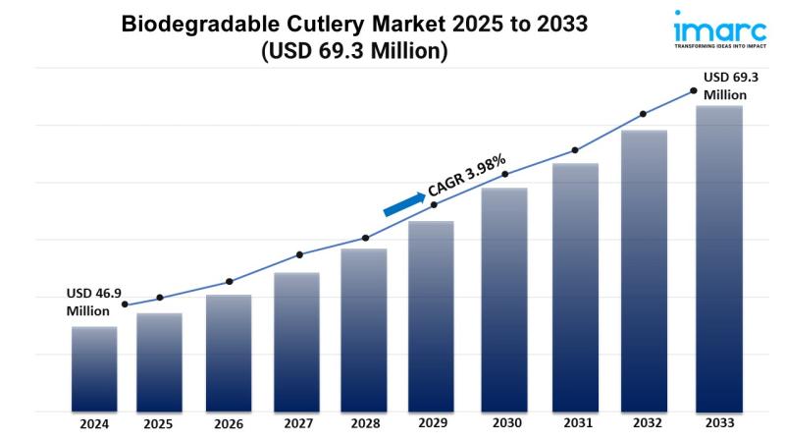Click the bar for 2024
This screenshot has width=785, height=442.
pyautogui.click(x=94, y=369)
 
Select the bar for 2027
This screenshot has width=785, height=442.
pyautogui.click(x=296, y=342)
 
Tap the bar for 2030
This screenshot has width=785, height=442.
pyautogui.click(x=504, y=301)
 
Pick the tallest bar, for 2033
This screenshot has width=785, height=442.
pyautogui.click(x=719, y=259)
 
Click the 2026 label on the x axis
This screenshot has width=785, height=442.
pyautogui.click(x=229, y=424)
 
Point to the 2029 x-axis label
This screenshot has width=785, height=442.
pyautogui.click(x=433, y=423)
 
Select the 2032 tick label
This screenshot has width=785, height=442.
pyautogui.click(x=648, y=423)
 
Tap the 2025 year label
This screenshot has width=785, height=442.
pyautogui.click(x=158, y=424)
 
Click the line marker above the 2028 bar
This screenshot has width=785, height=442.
pyautogui.click(x=365, y=238)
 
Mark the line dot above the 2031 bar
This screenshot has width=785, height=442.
pyautogui.click(x=575, y=150)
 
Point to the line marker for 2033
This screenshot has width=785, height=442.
pyautogui.click(x=694, y=90)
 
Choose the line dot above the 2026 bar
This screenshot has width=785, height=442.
pyautogui.click(x=230, y=282)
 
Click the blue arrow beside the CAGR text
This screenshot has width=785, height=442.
pyautogui.click(x=404, y=204)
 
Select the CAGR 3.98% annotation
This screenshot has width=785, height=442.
pyautogui.click(x=467, y=175)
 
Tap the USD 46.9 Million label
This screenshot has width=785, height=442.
pyautogui.click(x=93, y=303)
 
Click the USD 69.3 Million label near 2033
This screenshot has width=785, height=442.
pyautogui.click(x=731, y=86)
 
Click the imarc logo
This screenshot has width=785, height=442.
pyautogui.click(x=720, y=29)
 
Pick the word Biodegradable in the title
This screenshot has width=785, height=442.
pyautogui.click(x=200, y=24)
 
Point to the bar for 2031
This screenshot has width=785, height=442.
pyautogui.click(x=575, y=288)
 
